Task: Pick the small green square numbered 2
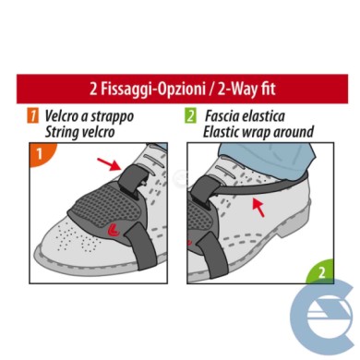pos(190,116)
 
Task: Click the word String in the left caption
pos(63,131)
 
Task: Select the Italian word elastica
pos(278,116)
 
